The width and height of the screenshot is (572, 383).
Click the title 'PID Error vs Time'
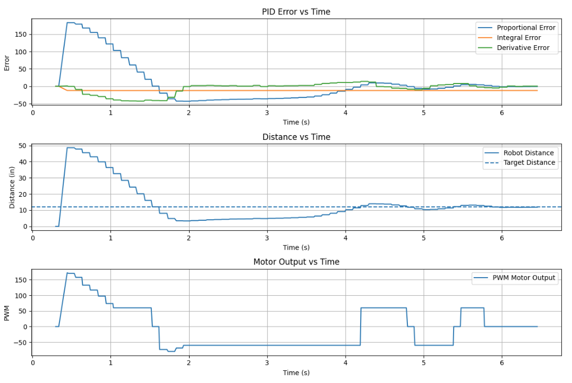click(x=296, y=12)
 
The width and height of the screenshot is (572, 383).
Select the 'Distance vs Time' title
click(x=296, y=137)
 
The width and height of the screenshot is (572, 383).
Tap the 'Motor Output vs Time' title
click(x=296, y=262)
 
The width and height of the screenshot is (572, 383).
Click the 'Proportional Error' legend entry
click(x=526, y=28)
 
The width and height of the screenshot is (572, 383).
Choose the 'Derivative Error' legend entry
click(x=523, y=48)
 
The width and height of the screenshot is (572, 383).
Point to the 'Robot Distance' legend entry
click(x=528, y=153)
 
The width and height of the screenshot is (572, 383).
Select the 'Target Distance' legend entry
click(x=529, y=163)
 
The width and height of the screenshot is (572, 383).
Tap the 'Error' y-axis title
click(x=7, y=62)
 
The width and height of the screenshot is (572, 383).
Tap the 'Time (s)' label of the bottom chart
click(x=296, y=372)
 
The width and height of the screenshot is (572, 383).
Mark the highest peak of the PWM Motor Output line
click(x=69, y=273)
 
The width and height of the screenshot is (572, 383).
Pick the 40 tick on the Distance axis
click(x=23, y=162)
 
